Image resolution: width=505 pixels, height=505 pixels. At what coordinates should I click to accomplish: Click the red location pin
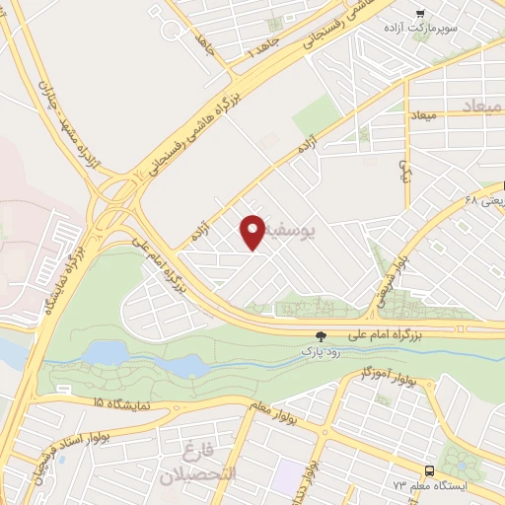click(x=252, y=232)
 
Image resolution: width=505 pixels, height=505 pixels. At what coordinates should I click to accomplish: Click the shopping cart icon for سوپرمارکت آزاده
click(x=420, y=14)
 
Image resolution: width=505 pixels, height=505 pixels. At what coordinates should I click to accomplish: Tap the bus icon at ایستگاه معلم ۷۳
click(x=429, y=469)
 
